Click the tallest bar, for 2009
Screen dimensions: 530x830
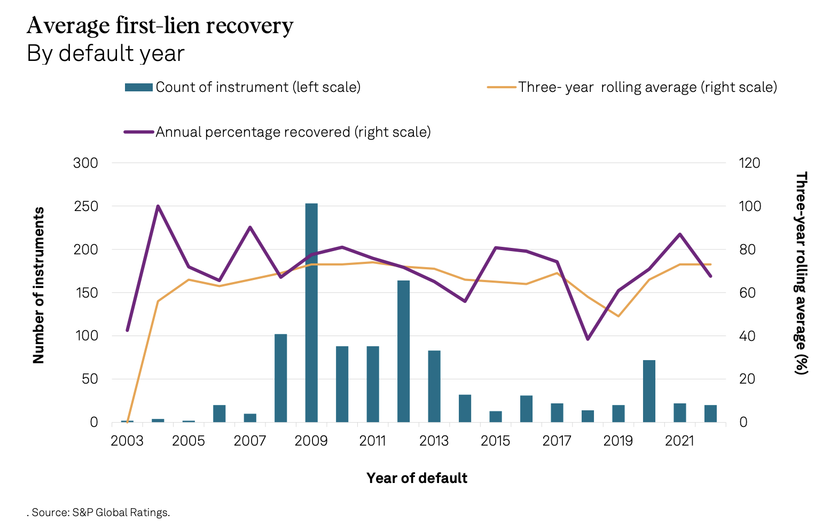(311, 313)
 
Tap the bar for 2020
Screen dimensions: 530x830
(649, 391)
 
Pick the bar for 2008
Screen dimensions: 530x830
(280, 378)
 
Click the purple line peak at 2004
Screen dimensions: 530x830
(158, 206)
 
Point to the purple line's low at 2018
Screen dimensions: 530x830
(588, 339)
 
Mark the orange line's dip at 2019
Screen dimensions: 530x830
(618, 316)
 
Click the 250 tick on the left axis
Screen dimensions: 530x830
(85, 206)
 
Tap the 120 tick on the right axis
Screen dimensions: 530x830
(749, 163)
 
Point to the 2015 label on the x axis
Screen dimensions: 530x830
(495, 441)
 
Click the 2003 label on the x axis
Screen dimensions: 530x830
(127, 441)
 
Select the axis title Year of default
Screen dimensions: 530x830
(417, 478)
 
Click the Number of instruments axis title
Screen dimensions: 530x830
(38, 286)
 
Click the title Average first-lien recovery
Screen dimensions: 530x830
(160, 25)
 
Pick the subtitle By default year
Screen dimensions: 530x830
(106, 53)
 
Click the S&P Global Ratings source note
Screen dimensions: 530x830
(100, 513)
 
